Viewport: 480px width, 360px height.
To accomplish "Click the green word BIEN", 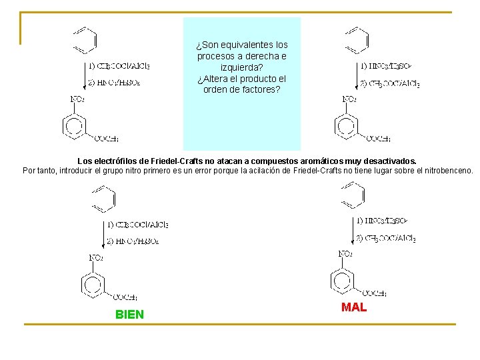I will click(129, 314).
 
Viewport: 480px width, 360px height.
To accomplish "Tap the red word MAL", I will click(354, 307).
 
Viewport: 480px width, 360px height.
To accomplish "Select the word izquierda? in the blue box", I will click(242, 67).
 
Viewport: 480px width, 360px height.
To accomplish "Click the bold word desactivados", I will click(389, 161).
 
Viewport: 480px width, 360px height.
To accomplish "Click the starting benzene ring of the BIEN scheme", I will click(103, 198).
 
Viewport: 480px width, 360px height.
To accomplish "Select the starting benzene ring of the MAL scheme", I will click(352, 195).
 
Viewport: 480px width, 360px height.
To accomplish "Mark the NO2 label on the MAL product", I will click(345, 253).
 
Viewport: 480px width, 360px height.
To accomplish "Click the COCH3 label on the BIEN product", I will click(125, 297).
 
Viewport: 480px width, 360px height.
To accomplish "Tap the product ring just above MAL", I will click(345, 279).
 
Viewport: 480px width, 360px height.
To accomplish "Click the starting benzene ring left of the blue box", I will click(85, 40).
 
